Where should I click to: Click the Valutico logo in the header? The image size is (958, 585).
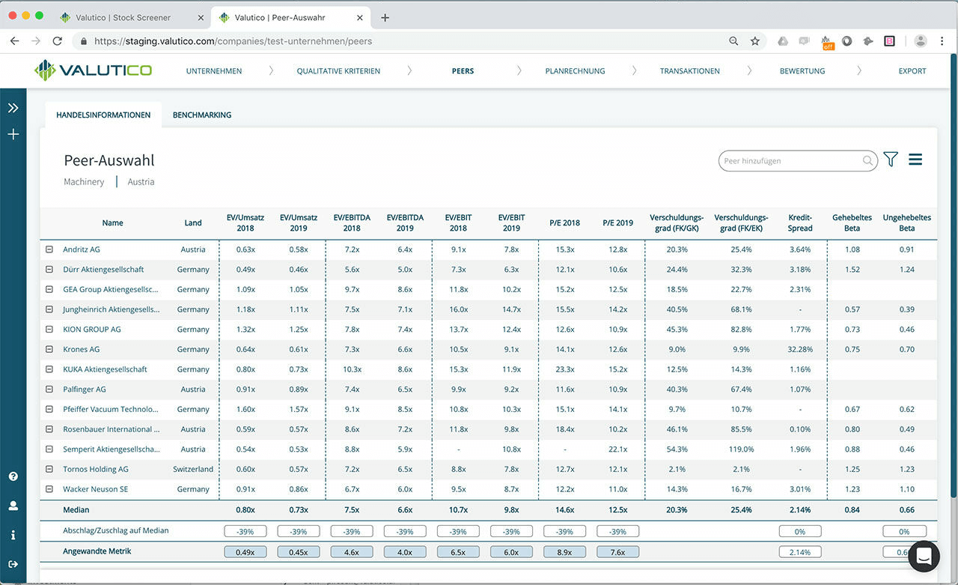tap(93, 70)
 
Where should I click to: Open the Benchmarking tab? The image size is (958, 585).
tap(201, 115)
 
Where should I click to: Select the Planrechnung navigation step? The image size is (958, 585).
tap(575, 71)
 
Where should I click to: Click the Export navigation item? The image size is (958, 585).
tap(912, 71)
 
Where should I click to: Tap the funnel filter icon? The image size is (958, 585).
tap(890, 160)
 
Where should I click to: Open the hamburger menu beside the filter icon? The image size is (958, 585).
tap(915, 160)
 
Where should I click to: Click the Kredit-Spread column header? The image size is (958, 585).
tap(799, 222)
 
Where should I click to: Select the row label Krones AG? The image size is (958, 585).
tap(81, 349)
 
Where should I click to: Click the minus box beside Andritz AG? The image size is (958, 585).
tap(49, 249)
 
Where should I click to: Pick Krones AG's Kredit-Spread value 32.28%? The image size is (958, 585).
tap(799, 349)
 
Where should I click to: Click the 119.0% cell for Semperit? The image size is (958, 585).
tap(740, 449)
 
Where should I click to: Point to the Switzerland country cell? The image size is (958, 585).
tap(193, 469)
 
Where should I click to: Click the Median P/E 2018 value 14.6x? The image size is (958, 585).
tap(564, 510)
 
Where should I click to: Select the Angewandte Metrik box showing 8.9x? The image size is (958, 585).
tap(564, 552)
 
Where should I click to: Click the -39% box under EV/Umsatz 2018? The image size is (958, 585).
tap(245, 531)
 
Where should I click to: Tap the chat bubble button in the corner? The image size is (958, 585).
tap(923, 557)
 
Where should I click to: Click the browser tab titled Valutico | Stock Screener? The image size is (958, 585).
tap(123, 17)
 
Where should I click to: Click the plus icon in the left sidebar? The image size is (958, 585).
tap(13, 135)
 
